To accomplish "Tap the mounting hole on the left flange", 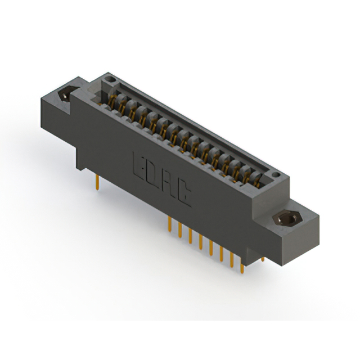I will tap(66, 95).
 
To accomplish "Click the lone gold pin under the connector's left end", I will tap(98, 182).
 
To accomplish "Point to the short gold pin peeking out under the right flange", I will tap(262, 259).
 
